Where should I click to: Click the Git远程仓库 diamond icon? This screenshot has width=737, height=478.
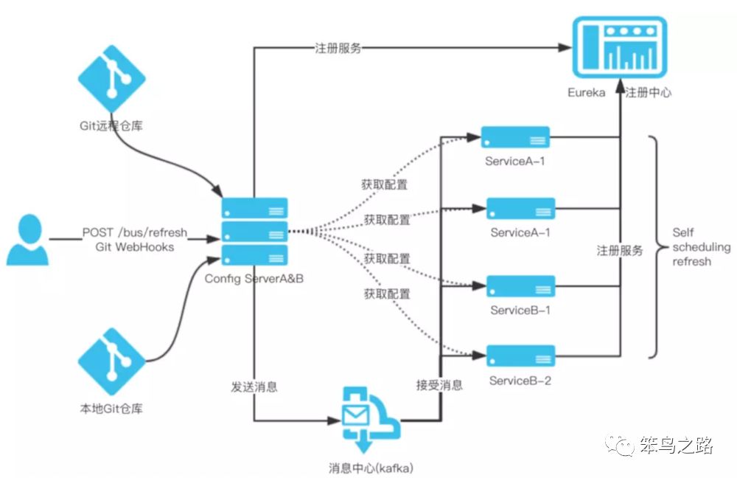click(x=111, y=79)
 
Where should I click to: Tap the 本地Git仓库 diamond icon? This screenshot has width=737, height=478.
click(x=111, y=361)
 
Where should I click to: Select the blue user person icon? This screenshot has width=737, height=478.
click(x=28, y=240)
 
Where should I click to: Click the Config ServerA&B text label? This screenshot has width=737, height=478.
click(x=254, y=279)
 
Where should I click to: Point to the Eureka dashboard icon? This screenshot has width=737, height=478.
click(x=620, y=47)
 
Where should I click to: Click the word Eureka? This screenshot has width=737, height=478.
click(x=586, y=92)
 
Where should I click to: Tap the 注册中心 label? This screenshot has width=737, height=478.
click(x=648, y=92)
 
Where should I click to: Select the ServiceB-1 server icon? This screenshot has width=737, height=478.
click(x=520, y=286)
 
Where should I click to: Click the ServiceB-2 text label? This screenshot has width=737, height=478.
click(x=520, y=381)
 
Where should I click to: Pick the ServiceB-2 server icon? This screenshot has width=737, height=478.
click(x=520, y=356)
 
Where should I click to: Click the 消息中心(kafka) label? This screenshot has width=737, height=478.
click(x=371, y=468)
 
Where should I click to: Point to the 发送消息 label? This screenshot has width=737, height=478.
click(x=254, y=387)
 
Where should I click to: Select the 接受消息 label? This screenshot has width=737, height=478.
click(x=439, y=385)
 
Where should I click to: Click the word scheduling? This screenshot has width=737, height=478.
click(x=702, y=247)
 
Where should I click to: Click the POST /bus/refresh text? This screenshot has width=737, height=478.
click(x=135, y=232)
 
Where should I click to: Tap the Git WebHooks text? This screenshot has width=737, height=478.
click(x=134, y=247)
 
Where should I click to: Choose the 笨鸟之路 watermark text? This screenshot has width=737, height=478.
click(x=677, y=445)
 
